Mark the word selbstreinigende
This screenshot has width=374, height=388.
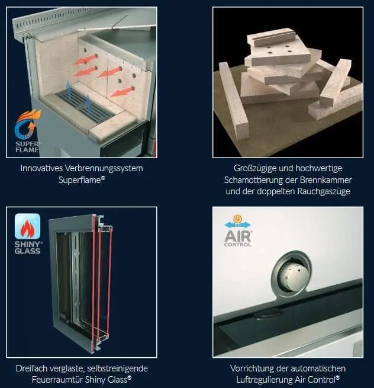(115, 368)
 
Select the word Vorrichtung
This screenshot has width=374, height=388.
(252, 368)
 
